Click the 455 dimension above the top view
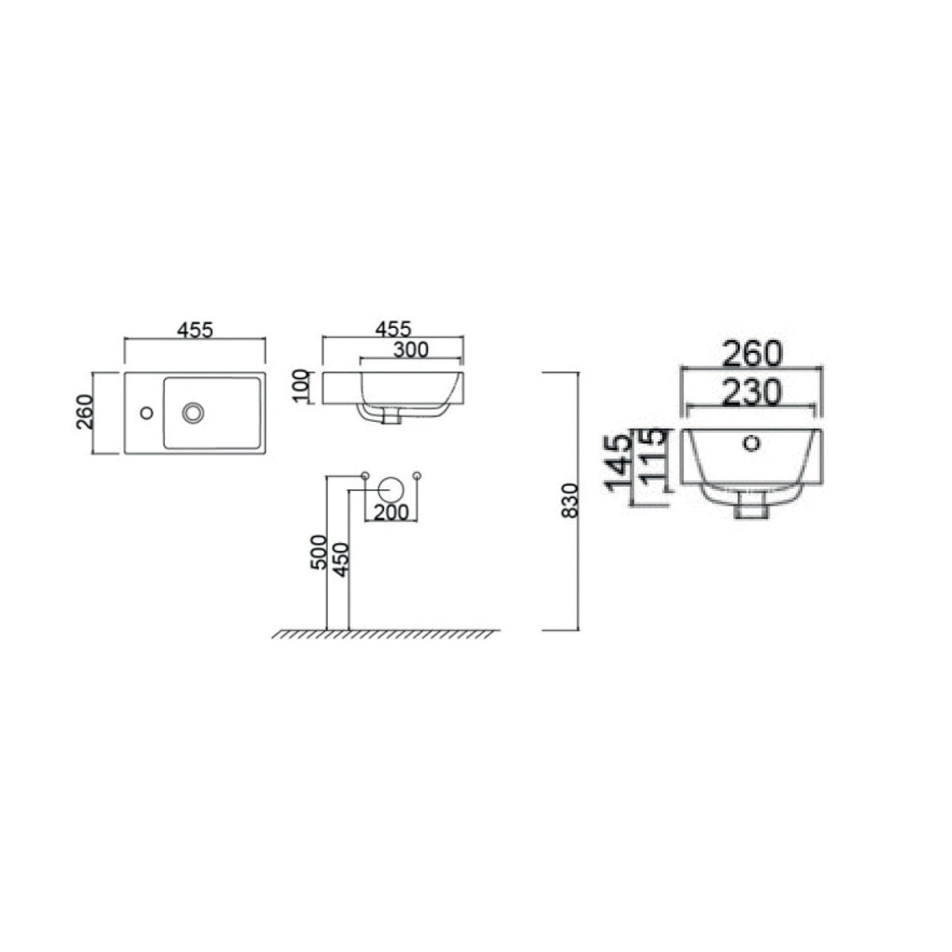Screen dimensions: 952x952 pos(195,330)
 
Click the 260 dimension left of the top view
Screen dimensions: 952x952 pos(86,412)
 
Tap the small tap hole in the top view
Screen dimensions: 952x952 pos(147,413)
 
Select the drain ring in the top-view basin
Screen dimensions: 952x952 pos(193,412)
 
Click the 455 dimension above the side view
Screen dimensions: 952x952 pos(393,329)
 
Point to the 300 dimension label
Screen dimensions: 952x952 pos(411,350)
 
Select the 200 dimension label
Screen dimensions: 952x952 pos(390,513)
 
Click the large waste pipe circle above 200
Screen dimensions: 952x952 pos(391,489)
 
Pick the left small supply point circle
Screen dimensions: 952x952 pos(365,475)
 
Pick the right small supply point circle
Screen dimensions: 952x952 pos(417,475)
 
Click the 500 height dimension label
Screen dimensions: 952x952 pos(319,552)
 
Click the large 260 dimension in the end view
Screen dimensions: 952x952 pos(751,354)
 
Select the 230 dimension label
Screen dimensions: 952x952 pos(751,393)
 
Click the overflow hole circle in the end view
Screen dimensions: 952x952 pos(752,442)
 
